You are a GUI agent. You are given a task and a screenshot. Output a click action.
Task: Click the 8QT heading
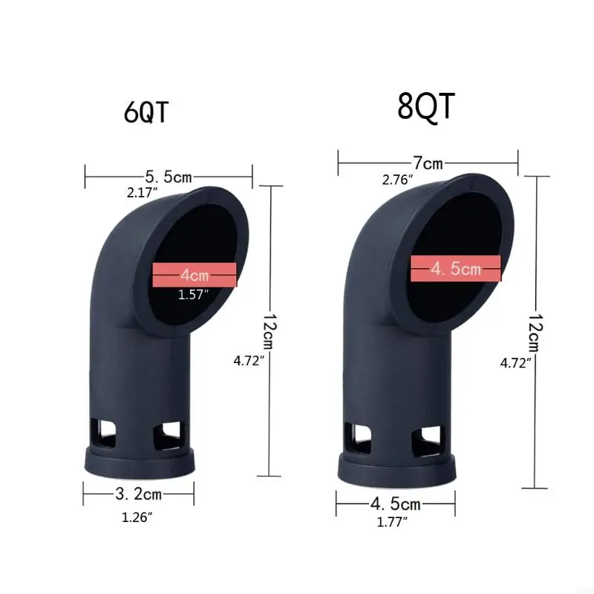pos(425,106)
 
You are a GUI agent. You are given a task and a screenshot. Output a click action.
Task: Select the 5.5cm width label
pos(169,177)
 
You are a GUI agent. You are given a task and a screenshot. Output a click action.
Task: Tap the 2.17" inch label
pos(143,193)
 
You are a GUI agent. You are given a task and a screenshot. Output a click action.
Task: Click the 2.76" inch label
pos(398,179)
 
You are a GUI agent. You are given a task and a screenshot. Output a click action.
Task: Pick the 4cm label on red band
pos(195,275)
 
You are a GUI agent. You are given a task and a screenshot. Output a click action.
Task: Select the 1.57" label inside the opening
pos(194,295)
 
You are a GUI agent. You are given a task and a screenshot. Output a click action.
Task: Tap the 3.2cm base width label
pos(139,493)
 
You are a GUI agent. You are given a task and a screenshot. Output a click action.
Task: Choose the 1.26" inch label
pos(137,518)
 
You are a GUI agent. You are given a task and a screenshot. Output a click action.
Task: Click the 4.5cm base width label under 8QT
pos(396,504)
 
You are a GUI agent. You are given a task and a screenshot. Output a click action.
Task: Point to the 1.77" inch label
pos(394,523)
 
